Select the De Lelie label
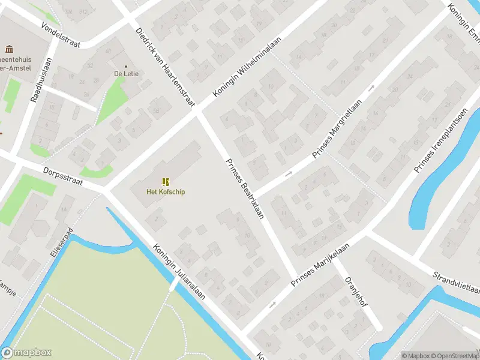(126, 74)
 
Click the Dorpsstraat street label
(65, 179)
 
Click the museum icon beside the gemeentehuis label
(9, 49)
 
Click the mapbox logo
(26, 353)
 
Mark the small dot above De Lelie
(126, 66)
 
